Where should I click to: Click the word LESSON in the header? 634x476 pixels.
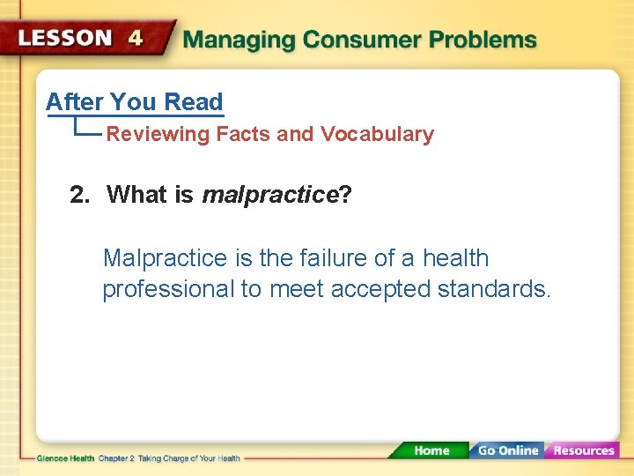66,39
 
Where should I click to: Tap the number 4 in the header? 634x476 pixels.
136,39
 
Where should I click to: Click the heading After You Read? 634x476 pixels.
134,102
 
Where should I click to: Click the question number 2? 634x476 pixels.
79,195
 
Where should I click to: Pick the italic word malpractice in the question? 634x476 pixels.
269,195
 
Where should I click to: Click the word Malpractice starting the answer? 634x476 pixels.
165,259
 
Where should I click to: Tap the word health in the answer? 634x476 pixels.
455,259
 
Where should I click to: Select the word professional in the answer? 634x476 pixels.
167,290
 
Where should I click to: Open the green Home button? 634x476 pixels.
431,450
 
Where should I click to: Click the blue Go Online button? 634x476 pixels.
507,450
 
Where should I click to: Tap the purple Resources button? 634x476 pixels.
583,450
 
